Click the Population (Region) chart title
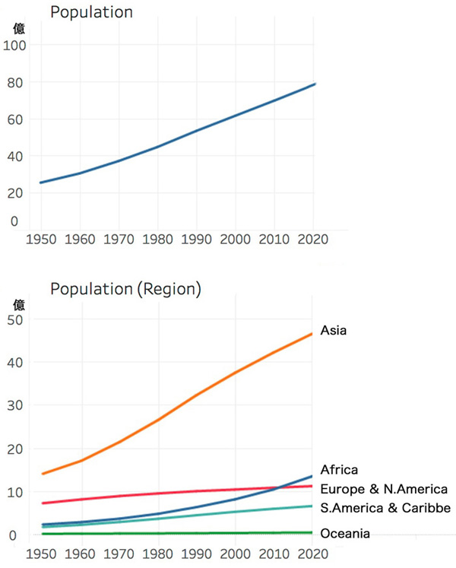pyautogui.click(x=125, y=289)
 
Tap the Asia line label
pyautogui.click(x=334, y=330)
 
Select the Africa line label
pyautogui.click(x=339, y=469)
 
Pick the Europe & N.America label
pyautogui.click(x=384, y=489)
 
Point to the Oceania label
pyautogui.click(x=345, y=534)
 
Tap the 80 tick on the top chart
pyautogui.click(x=17, y=82)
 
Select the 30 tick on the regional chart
pyautogui.click(x=15, y=405)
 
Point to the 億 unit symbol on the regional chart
pyautogui.click(x=20, y=305)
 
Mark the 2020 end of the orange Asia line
pyautogui.click(x=312, y=334)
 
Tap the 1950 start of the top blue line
pyautogui.click(x=41, y=182)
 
